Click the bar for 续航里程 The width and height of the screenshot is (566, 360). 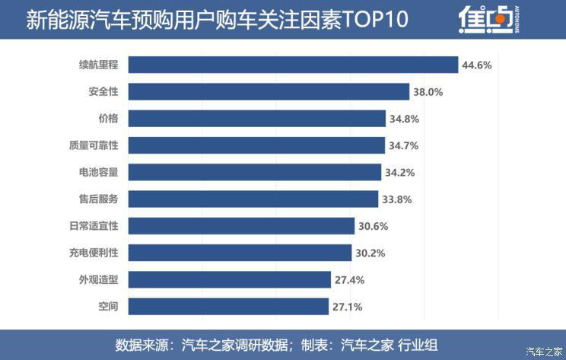(293, 65)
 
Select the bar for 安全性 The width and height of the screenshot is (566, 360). (269, 91)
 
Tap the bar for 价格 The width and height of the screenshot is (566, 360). (257, 119)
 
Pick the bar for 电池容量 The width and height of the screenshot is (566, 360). (255, 172)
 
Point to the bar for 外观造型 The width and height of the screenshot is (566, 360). (229, 279)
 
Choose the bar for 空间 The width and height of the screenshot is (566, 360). (228, 306)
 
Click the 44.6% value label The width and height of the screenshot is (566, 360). (476, 65)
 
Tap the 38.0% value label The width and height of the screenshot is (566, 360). (428, 92)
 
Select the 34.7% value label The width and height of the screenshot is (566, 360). (404, 145)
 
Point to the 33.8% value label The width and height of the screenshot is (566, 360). (397, 199)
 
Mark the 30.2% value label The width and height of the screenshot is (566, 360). (370, 253)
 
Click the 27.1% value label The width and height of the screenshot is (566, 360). (347, 307)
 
